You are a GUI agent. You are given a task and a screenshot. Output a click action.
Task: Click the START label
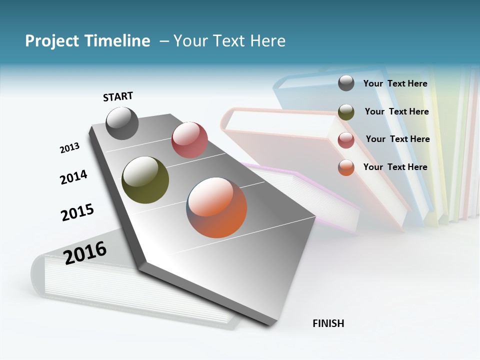[118, 96]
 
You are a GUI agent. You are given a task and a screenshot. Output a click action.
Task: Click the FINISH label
[328, 323]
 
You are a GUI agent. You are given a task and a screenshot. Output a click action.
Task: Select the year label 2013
[69, 148]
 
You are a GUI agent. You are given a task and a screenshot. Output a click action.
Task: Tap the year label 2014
[73, 177]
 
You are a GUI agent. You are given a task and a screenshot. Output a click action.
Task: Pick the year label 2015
[77, 212]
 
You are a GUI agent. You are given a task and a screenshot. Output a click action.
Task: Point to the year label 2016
[85, 252]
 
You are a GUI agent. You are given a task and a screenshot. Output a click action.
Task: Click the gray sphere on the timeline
[122, 123]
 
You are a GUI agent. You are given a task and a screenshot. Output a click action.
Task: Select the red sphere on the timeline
[189, 139]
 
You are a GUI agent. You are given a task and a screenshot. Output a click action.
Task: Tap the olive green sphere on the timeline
[145, 180]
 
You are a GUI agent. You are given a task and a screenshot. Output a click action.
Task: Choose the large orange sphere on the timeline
[216, 207]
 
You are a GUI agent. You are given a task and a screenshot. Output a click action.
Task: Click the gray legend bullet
[346, 83]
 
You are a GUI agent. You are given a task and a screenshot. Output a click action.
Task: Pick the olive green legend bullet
[346, 112]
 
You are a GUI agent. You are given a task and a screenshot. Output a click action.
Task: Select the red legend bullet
[346, 140]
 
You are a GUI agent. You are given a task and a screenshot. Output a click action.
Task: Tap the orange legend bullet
[346, 167]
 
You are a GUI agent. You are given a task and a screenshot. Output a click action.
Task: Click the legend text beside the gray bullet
[395, 83]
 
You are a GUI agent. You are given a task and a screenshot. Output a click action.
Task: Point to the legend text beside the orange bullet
[395, 167]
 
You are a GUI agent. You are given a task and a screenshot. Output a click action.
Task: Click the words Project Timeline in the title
[87, 41]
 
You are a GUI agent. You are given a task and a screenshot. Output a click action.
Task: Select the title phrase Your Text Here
[229, 41]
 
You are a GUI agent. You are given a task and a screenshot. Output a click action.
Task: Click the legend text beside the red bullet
[397, 139]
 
